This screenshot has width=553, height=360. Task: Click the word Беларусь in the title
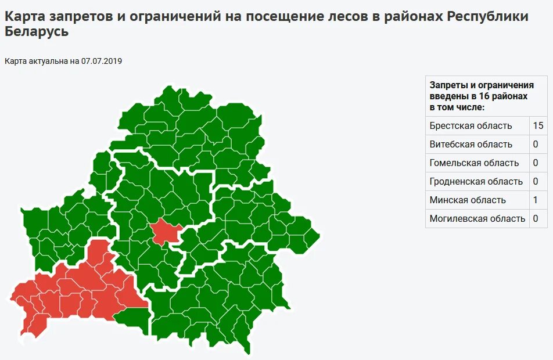[36, 32]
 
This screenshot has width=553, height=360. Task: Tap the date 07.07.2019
[102, 61]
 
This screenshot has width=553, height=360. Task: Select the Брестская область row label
[471, 125]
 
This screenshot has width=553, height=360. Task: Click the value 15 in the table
[538, 125]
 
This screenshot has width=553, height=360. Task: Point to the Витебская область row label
[471, 144]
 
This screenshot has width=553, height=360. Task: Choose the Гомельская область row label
[474, 163]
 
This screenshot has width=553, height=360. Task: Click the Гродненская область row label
[476, 181]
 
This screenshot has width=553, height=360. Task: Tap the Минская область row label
[468, 200]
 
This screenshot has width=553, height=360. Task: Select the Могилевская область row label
[477, 218]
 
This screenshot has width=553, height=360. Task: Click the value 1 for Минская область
[536, 200]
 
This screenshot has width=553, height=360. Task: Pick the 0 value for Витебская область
[536, 144]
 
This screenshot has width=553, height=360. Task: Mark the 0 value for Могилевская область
[536, 218]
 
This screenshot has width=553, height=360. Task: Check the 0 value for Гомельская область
[536, 163]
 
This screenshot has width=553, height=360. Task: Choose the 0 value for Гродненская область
[536, 181]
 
